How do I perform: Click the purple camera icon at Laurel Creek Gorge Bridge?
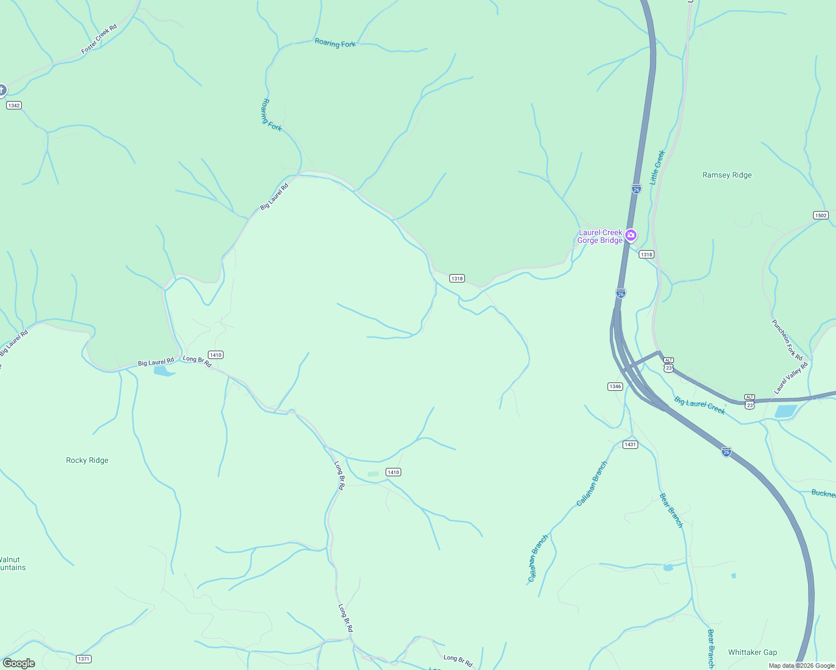pos(631,235)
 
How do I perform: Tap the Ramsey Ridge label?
pos(726,175)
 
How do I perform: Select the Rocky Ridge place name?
pos(87,460)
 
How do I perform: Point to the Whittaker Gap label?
pos(752,652)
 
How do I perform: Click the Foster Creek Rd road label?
pos(99,39)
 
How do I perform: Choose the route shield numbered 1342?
pos(14,105)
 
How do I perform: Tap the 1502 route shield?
pos(820,216)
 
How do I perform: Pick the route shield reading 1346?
pos(615,386)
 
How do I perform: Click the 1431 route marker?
pos(630,444)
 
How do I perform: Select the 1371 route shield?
pos(84,659)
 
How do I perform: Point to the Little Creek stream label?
pos(657,167)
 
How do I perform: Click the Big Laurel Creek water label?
pos(699,405)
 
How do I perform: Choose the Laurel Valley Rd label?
pos(791,377)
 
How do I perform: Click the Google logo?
pos(19,663)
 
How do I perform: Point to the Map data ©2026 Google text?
pos(801,666)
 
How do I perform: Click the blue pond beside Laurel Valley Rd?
pos(786,411)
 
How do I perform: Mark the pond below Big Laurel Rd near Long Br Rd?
pos(163,371)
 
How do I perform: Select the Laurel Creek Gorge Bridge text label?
pos(600,236)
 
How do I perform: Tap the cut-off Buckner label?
pos(823,494)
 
